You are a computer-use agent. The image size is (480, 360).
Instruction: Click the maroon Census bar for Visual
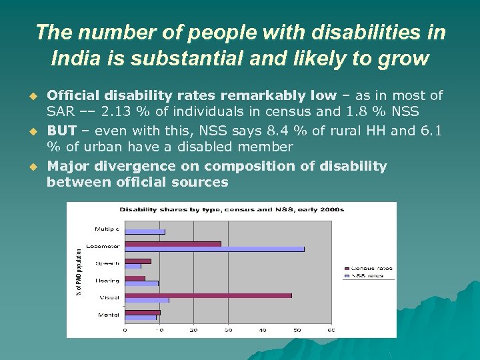point(208,295)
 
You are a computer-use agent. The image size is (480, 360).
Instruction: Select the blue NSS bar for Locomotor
point(214,249)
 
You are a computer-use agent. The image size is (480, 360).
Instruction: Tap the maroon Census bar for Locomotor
point(173,244)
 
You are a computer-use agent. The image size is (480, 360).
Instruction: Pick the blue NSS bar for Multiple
point(145,232)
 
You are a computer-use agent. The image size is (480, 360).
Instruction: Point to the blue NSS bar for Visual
point(147,300)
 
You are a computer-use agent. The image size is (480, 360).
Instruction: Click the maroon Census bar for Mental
point(142,312)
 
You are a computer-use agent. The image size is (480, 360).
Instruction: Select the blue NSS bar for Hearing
point(141,283)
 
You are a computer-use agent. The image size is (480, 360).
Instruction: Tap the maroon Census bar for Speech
point(137,261)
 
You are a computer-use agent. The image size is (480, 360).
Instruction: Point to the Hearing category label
point(108,281)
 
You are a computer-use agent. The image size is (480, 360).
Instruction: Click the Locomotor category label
point(107,246)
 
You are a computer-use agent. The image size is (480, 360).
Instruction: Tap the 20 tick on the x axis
point(193,330)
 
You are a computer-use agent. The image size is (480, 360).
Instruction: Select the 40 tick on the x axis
point(263,330)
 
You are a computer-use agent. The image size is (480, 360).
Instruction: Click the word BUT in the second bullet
point(61,131)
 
